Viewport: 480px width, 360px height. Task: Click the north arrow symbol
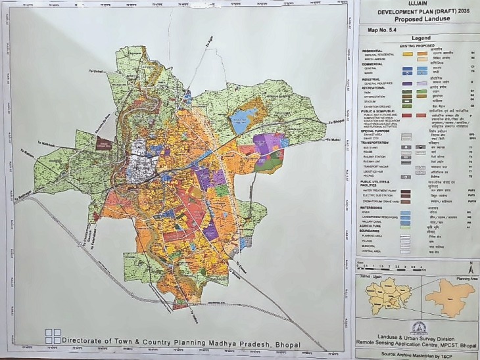(x=471, y=268)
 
